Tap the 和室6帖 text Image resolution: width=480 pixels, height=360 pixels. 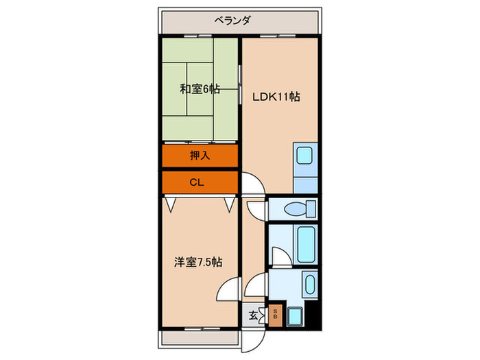pyautogui.click(x=200, y=89)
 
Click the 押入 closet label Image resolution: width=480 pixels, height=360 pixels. pyautogui.click(x=200, y=156)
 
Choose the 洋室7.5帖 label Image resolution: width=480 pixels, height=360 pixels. pyautogui.click(x=197, y=262)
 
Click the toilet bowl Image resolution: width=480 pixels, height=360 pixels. pyautogui.click(x=296, y=208)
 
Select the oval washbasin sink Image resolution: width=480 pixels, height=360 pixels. pyautogui.click(x=309, y=285)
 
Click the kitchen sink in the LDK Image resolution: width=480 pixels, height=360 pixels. pyautogui.click(x=303, y=156)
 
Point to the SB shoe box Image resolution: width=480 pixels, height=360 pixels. pyautogui.click(x=275, y=315)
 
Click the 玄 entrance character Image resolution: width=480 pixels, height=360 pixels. pyautogui.click(x=252, y=315)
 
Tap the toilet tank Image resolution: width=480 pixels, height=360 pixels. pyautogui.click(x=311, y=208)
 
